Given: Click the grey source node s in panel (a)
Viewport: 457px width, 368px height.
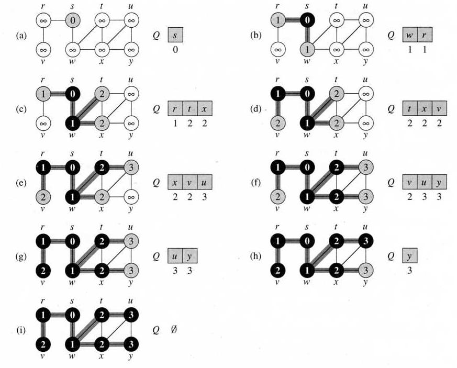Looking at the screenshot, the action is click(73, 20).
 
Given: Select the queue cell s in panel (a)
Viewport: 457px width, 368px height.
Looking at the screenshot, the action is click(175, 35).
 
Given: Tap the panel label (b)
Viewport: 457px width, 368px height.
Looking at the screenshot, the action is click(256, 35).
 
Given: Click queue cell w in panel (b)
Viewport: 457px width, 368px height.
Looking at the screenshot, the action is click(410, 35).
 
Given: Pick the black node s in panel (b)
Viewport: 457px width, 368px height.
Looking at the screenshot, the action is click(307, 20).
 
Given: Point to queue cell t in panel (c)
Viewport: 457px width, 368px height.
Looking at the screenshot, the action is click(190, 109).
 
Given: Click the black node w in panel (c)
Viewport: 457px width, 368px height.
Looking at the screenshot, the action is click(73, 124).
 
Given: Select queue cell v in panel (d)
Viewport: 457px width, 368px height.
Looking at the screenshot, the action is click(439, 109).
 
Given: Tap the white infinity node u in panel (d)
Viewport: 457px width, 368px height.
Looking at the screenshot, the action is click(366, 94).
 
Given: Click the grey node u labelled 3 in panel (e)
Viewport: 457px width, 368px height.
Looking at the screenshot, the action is click(131, 168).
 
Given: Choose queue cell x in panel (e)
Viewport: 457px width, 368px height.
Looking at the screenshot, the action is click(175, 182).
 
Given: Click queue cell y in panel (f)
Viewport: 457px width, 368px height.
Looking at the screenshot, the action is click(439, 182).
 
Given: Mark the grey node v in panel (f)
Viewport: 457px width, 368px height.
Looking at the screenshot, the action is click(278, 197).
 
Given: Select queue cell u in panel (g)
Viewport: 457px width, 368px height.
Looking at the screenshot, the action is click(175, 256).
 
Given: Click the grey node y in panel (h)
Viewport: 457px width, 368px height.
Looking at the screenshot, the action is click(366, 271).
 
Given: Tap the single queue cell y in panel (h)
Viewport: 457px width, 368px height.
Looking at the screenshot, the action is click(410, 256).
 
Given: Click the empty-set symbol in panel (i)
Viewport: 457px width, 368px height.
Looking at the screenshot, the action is click(174, 330).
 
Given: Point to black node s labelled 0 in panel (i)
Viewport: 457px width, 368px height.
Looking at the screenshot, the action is click(73, 315).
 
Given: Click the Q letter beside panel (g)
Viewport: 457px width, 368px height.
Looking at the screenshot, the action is click(156, 257).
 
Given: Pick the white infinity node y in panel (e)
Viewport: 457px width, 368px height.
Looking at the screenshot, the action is click(131, 197).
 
